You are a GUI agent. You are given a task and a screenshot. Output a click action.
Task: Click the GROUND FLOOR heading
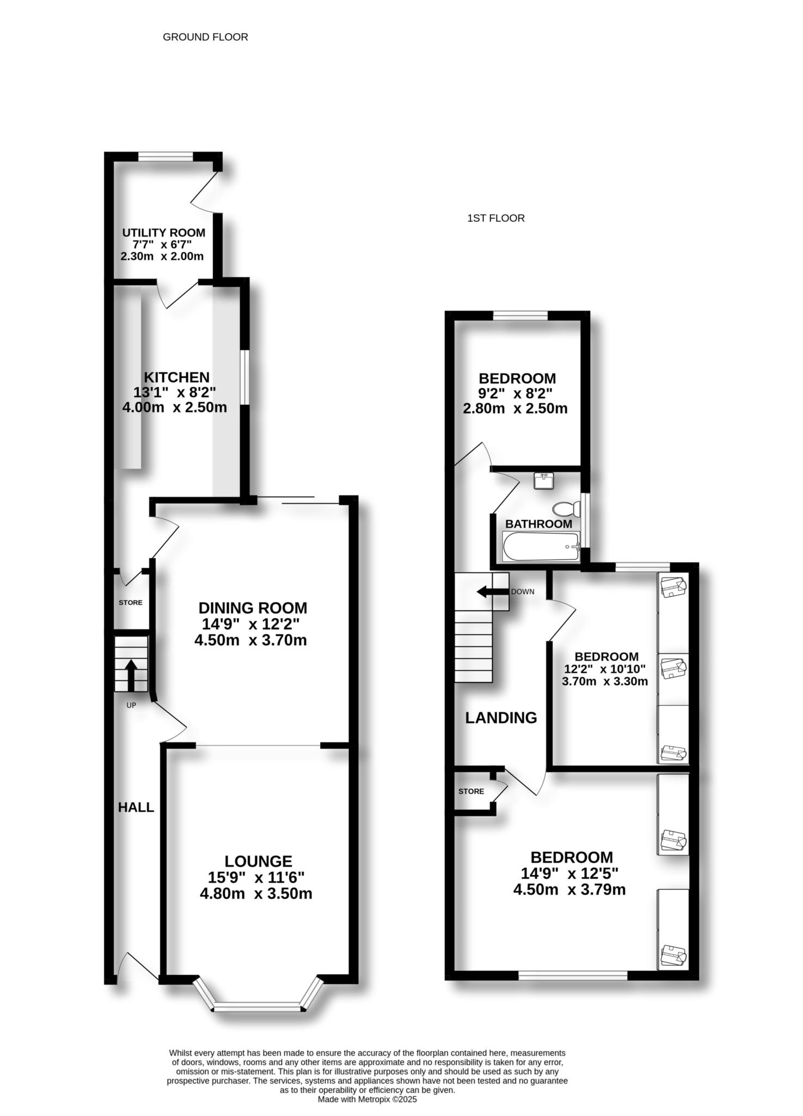(x=205, y=37)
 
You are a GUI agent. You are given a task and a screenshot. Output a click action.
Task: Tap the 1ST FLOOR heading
(x=496, y=218)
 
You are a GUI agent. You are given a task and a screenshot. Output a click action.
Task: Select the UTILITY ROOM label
(x=163, y=233)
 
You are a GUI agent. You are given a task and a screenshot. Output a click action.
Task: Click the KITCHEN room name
(x=176, y=377)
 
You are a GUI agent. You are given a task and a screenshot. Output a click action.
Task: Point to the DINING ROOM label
(x=253, y=608)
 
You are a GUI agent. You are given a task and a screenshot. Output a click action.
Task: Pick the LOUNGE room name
(x=259, y=861)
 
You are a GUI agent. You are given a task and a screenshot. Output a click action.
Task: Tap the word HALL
(x=136, y=807)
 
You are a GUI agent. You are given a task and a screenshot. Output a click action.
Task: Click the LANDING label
(x=501, y=718)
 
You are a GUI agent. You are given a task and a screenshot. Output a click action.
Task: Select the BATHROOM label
(x=538, y=524)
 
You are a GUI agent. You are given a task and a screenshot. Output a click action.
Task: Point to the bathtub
(x=541, y=547)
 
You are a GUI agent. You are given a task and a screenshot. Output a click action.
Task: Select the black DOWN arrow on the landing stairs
(x=492, y=592)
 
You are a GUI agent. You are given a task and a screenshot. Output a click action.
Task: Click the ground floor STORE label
(x=131, y=602)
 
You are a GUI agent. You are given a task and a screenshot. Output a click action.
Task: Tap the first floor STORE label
(x=471, y=791)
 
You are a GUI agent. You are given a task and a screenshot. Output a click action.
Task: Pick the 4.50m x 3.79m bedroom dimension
(x=569, y=889)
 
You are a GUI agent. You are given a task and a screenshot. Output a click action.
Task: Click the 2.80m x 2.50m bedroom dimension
(x=515, y=408)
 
